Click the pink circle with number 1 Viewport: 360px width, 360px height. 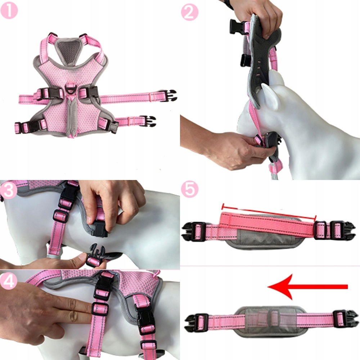[9, 10]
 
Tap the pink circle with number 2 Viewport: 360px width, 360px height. [190, 13]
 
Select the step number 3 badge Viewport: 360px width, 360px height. [8, 190]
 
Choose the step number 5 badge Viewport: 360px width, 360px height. [190, 189]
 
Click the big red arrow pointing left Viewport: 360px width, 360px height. [308, 287]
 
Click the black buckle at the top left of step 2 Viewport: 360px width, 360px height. [237, 27]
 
